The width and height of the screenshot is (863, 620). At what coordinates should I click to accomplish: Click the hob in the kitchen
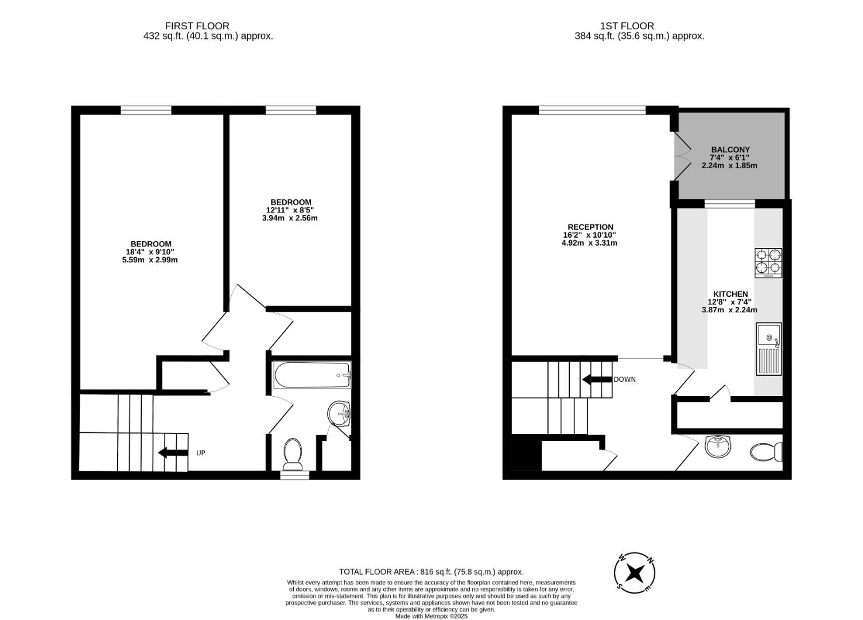click(768, 262)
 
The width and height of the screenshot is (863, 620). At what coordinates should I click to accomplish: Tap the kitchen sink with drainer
click(769, 349)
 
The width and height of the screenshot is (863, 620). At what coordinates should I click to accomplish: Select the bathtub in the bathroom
click(312, 375)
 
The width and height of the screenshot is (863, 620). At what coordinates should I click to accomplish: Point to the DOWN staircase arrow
click(596, 379)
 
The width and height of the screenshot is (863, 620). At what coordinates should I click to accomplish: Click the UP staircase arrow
click(173, 452)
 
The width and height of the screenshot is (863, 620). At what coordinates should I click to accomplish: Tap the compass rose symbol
click(635, 573)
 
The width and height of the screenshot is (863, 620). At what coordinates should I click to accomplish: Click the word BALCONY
click(730, 150)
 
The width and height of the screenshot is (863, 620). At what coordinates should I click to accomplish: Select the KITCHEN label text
click(730, 294)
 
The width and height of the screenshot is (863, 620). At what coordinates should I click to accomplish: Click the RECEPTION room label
click(590, 227)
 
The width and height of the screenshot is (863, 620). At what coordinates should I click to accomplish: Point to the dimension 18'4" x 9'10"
click(150, 252)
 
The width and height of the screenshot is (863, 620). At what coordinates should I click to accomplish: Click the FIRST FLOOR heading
click(197, 26)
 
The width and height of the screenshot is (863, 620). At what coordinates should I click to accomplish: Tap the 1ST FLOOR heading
click(627, 26)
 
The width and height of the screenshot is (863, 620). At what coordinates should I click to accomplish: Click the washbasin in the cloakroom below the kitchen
click(718, 446)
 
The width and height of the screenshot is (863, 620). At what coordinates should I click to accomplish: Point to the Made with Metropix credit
click(431, 616)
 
